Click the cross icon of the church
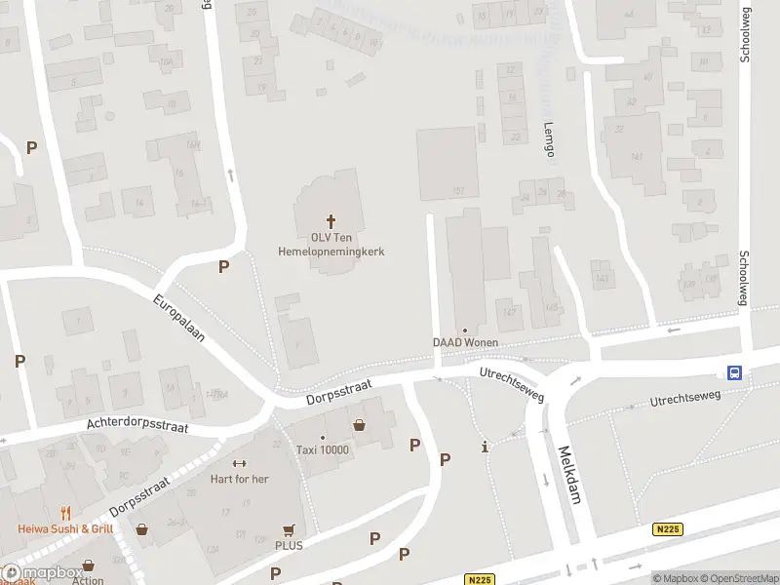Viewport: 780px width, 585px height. [331, 221]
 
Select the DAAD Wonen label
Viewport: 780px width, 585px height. [466, 342]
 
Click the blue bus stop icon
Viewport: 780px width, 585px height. [734, 371]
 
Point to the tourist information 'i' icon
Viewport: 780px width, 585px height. [486, 448]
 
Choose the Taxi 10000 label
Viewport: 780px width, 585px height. [323, 449]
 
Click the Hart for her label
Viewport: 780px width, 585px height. [239, 479]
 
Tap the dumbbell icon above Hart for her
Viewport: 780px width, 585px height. [239, 463]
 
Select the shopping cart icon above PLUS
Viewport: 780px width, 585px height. [289, 530]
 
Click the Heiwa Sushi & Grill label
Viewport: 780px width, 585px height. [65, 528]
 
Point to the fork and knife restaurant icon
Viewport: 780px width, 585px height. [66, 513]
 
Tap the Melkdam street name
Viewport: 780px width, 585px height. [568, 475]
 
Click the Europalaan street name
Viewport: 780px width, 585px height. [178, 319]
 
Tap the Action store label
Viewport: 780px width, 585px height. [88, 580]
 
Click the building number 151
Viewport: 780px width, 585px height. [457, 191]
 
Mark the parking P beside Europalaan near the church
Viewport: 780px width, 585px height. [224, 266]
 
